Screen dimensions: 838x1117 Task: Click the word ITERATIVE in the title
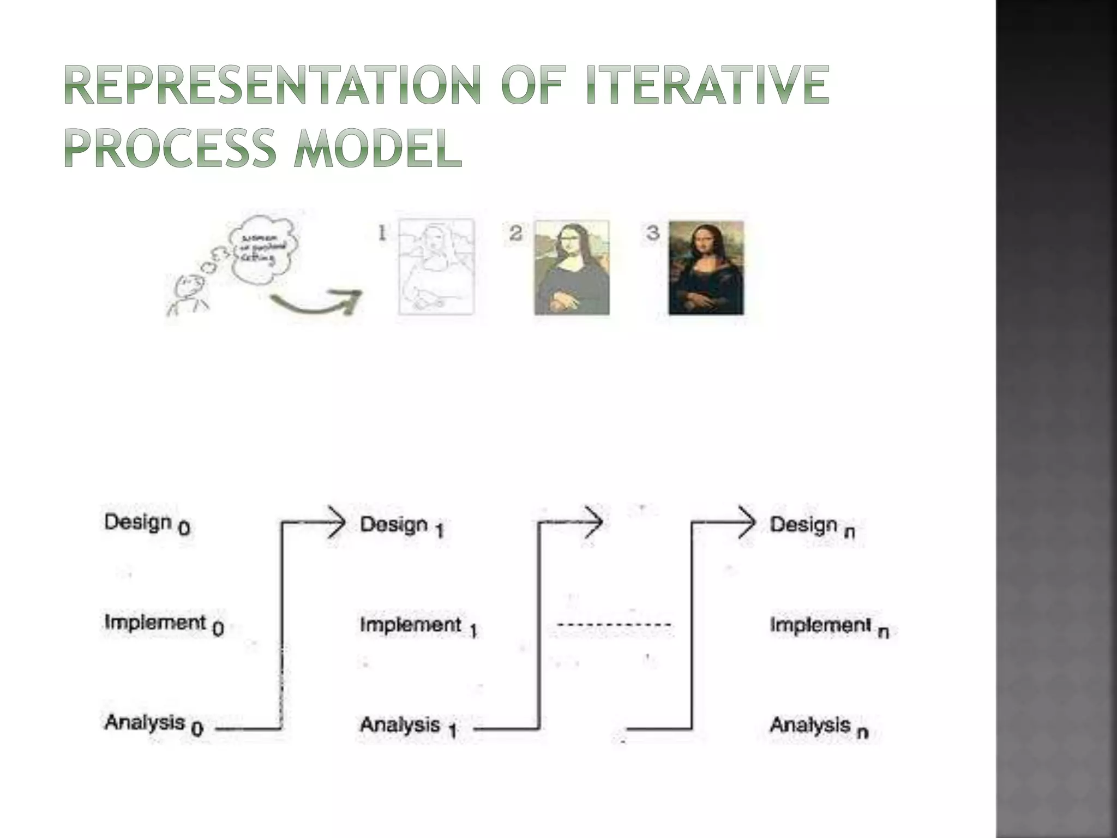707,85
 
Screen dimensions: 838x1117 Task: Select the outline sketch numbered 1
436,267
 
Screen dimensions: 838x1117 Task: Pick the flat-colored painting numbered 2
571,267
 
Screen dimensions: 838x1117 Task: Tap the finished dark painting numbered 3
706,267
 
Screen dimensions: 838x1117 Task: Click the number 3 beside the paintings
653,233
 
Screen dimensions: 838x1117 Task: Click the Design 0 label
146,524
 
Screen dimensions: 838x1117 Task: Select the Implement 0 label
164,624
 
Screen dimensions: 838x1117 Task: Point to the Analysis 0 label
153,724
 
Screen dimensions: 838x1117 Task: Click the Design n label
812,526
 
